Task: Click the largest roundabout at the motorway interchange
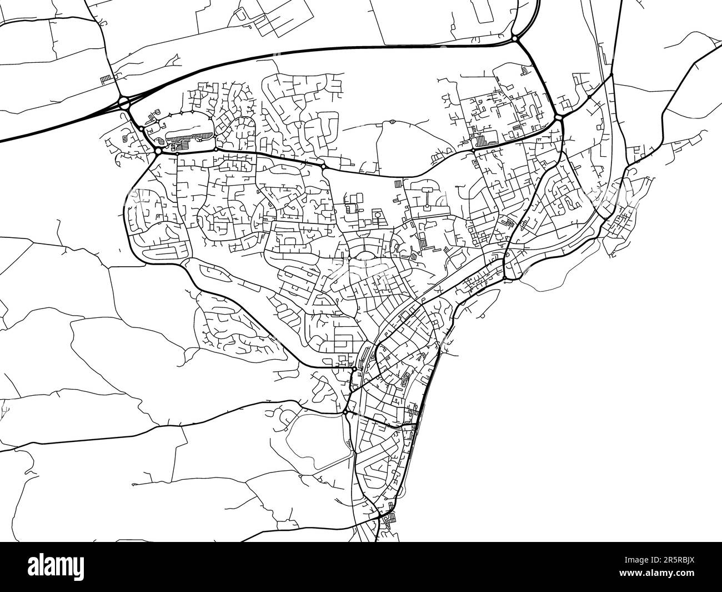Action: (123, 102)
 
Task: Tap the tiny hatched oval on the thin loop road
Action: (392, 121)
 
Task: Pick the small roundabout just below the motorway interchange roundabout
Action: (142, 129)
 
